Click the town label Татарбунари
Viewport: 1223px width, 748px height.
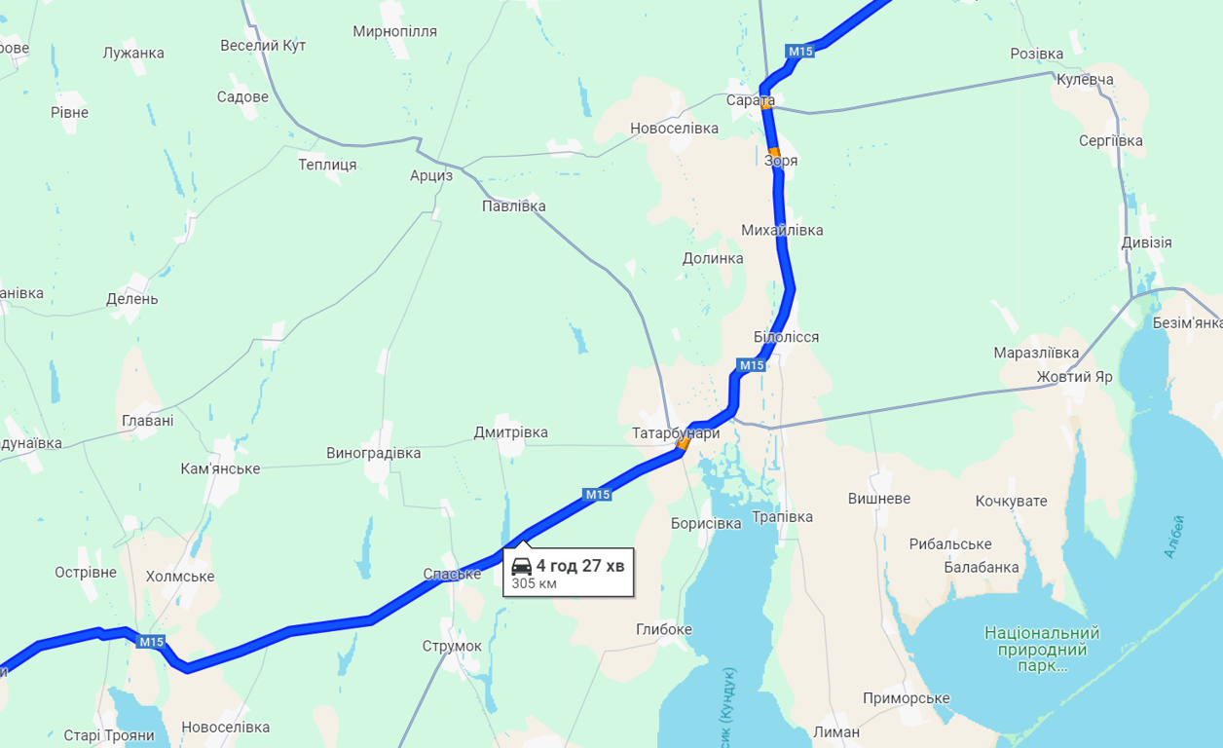[x=676, y=433]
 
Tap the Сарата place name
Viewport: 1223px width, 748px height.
[x=750, y=100]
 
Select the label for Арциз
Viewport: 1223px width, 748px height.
[x=431, y=176]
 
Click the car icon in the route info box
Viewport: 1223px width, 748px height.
[x=522, y=567]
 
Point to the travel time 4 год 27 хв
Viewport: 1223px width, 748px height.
[x=580, y=566]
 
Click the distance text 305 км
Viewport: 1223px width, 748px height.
[x=534, y=584]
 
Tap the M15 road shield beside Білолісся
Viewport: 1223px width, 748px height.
[x=752, y=365]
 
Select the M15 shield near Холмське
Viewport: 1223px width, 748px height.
[x=151, y=642]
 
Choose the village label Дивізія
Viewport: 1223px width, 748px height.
[x=1146, y=243]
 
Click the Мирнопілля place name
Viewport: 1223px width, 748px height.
[x=394, y=31]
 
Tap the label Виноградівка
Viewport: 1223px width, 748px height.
[x=373, y=453]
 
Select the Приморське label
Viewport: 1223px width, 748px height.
[x=906, y=698]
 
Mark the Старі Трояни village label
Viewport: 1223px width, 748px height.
[x=109, y=735]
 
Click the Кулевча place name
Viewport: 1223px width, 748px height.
[x=1085, y=80]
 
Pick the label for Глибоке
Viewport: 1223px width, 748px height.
[x=663, y=629]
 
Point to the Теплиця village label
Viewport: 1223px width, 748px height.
[x=327, y=165]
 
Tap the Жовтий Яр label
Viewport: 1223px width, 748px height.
[x=1074, y=376]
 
